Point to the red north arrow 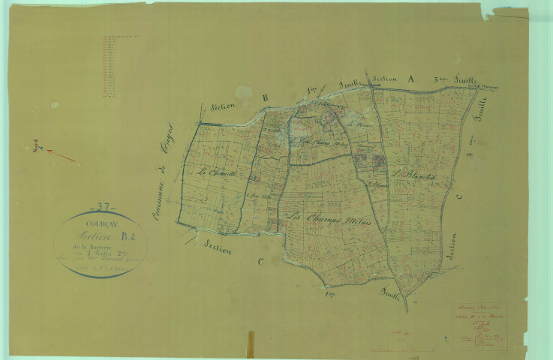62,156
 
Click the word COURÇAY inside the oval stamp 100,221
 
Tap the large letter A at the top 410,78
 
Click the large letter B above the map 264,97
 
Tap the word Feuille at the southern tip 390,292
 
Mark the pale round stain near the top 243,93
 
